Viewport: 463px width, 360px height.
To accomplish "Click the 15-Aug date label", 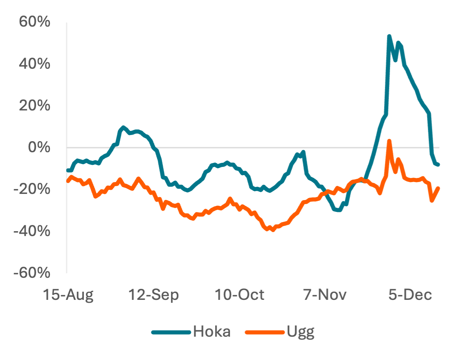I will pos(68,295).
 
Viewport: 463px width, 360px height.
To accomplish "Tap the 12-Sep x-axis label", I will pos(153,295).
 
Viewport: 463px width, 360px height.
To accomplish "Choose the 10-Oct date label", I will pos(239,295).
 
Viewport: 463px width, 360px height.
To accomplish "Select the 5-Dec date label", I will pos(410,295).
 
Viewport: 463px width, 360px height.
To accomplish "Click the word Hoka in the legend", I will pos(212,331).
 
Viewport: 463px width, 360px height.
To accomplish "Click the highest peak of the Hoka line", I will pos(389,36).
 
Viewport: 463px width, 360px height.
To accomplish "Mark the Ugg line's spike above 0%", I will pos(389,141).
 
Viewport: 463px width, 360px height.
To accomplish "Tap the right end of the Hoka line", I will pos(438,164).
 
